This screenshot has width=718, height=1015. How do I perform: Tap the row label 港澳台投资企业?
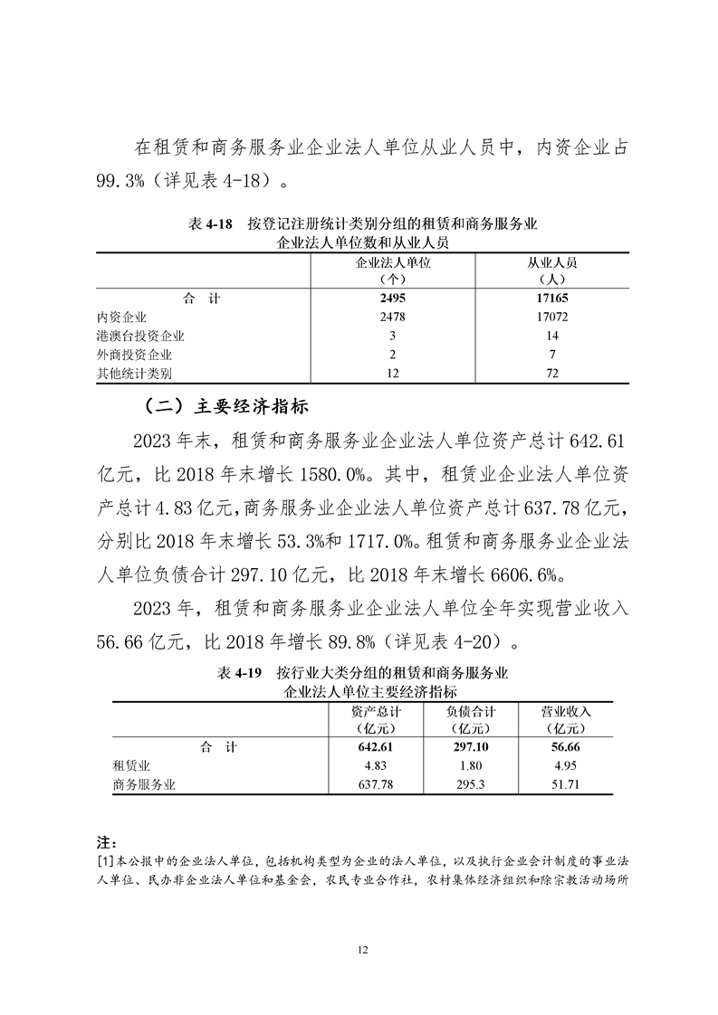[x=140, y=336]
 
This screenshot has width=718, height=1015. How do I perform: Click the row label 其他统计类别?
[x=134, y=373]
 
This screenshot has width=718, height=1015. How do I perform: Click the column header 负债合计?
[x=471, y=711]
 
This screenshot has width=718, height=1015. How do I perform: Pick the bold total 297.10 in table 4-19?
[x=471, y=747]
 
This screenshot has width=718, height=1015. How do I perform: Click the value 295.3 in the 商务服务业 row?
[x=471, y=785]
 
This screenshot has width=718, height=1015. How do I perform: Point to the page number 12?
[x=362, y=949]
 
